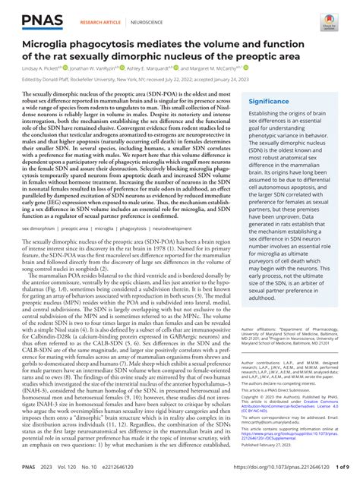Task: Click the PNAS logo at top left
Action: tap(40, 16)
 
